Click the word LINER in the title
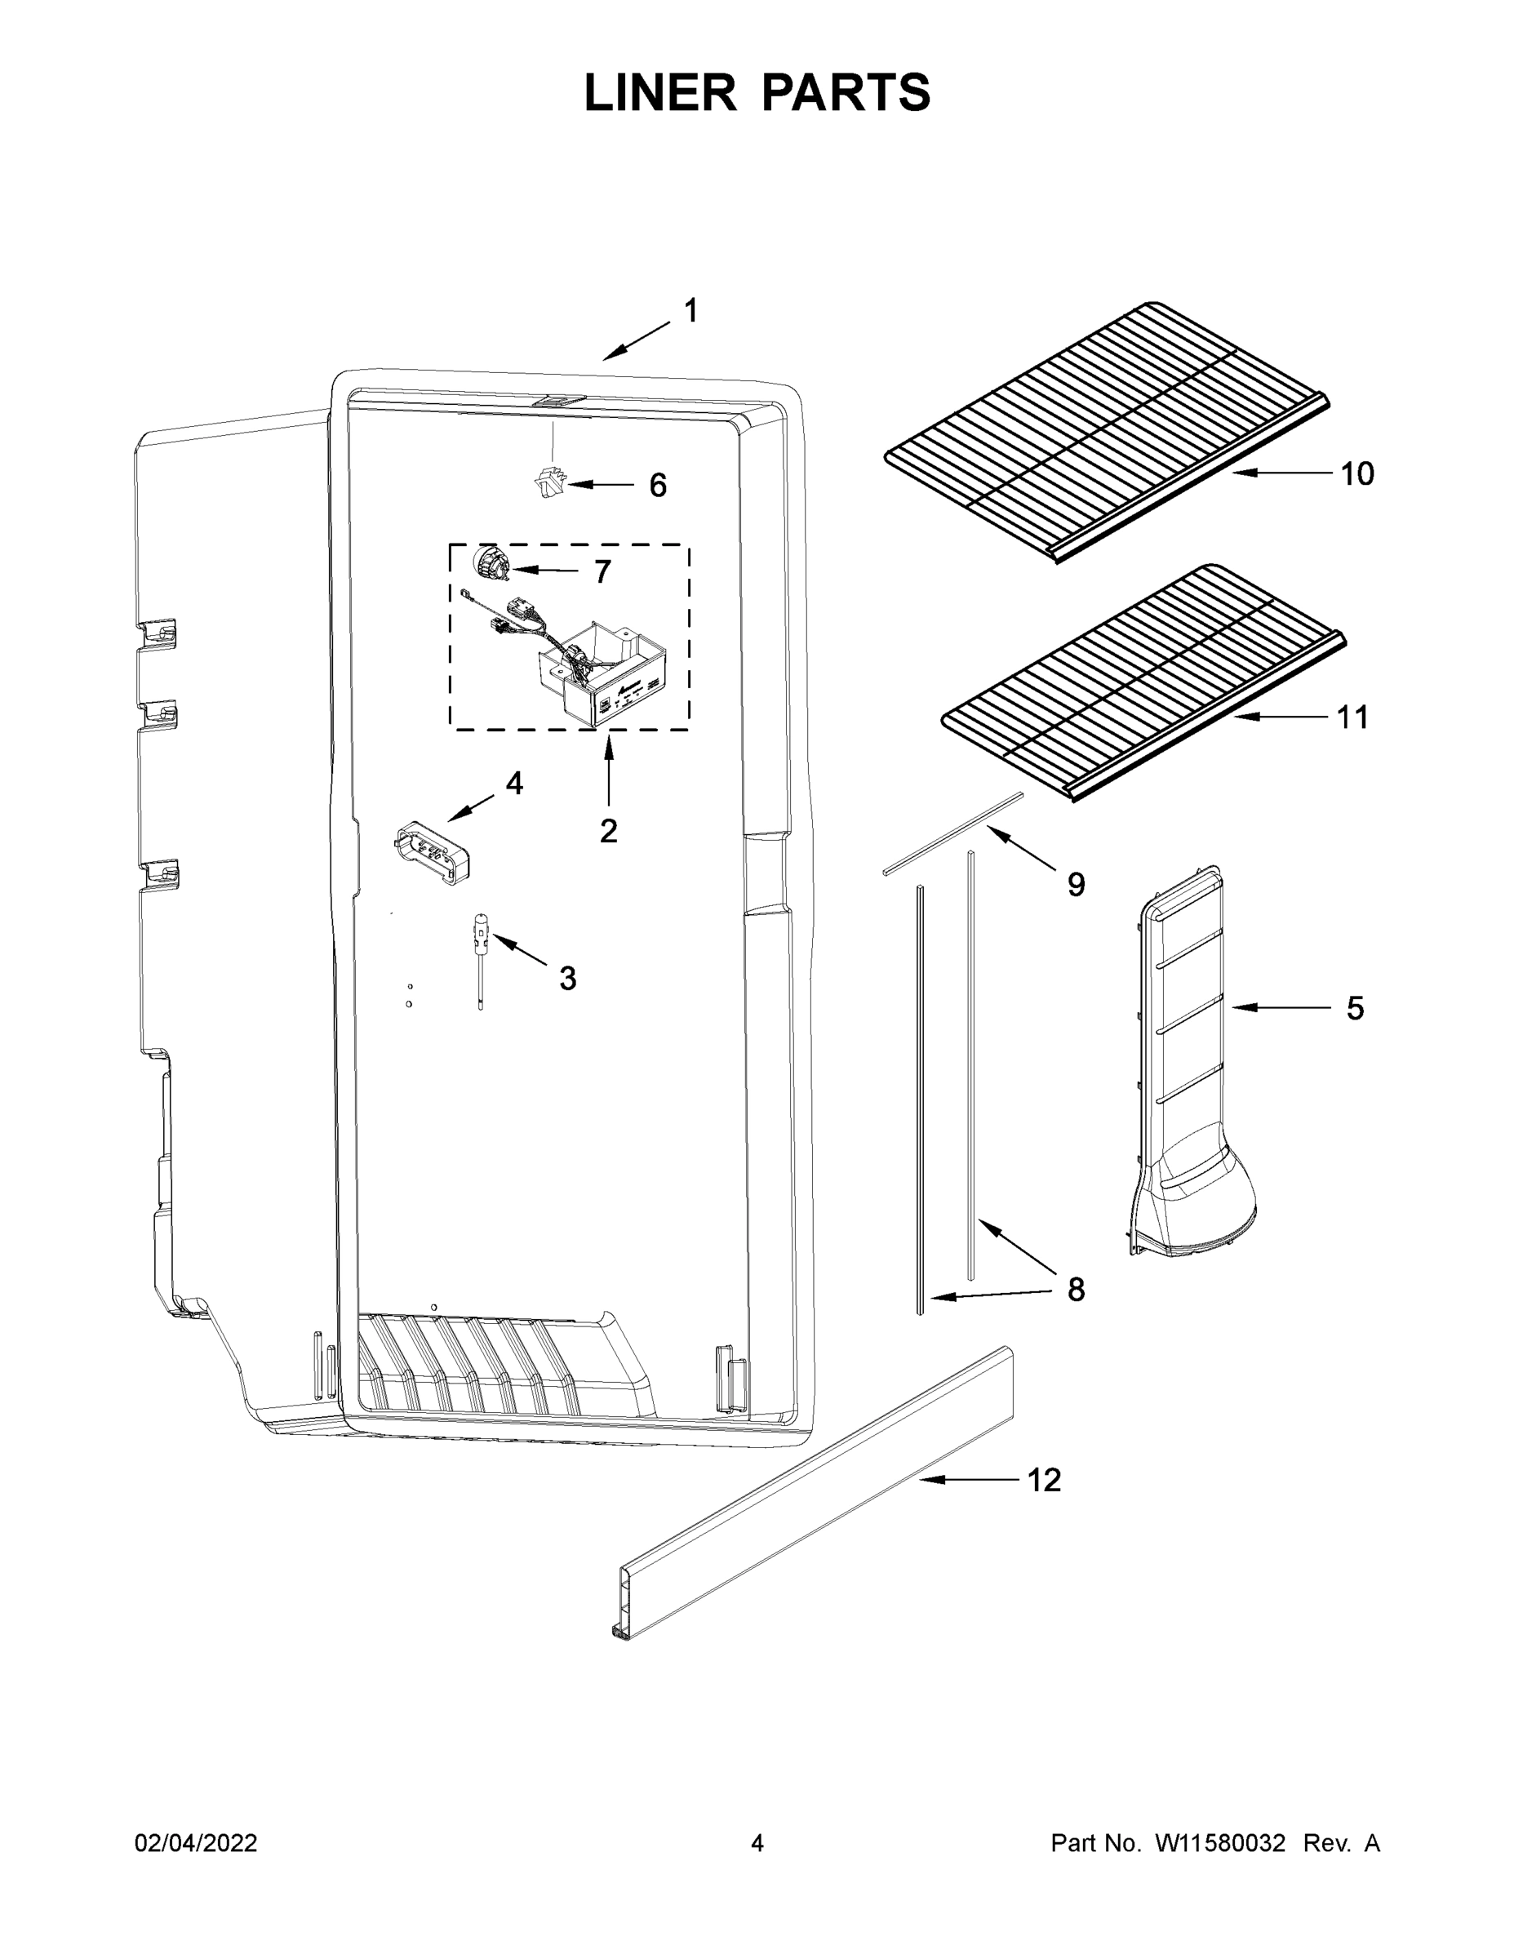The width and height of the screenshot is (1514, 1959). tap(660, 93)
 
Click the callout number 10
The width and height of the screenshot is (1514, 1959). tap(1357, 473)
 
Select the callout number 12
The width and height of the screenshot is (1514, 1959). tap(1044, 1480)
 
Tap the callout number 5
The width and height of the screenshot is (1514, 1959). tap(1355, 1008)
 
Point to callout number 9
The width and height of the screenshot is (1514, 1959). tap(1076, 885)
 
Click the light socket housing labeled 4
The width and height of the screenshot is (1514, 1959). tap(432, 851)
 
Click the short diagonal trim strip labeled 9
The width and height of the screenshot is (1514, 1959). tap(952, 833)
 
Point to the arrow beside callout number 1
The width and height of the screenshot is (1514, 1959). tap(636, 342)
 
